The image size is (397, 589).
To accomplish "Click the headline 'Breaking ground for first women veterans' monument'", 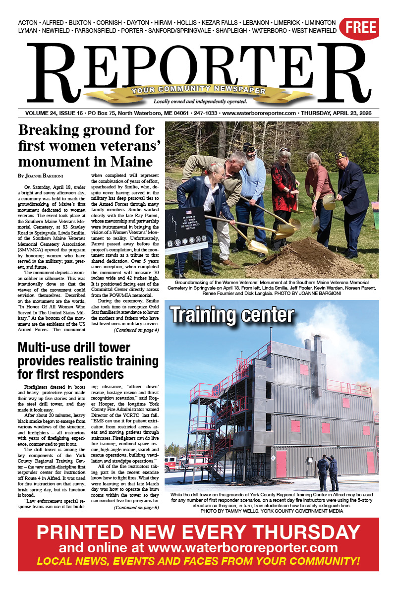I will click(x=85, y=146).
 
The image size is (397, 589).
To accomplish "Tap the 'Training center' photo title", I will click(x=232, y=315).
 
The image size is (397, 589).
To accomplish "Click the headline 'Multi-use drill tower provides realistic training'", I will click(x=88, y=360).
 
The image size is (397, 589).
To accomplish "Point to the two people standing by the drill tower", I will click(x=328, y=471).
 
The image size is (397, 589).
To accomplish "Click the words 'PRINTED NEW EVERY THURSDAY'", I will click(x=198, y=532).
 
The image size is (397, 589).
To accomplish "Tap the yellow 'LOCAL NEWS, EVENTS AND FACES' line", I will click(x=198, y=561).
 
